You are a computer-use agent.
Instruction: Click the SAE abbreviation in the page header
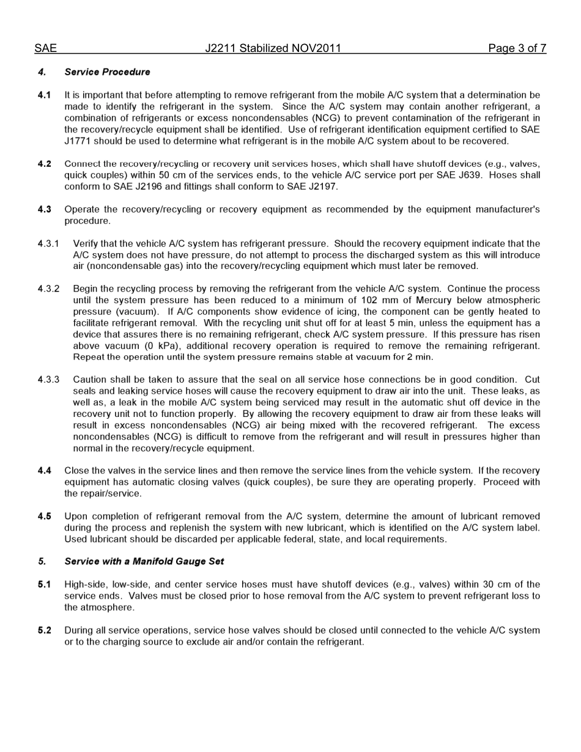click(x=45, y=48)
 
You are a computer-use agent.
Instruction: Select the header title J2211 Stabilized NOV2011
click(x=273, y=48)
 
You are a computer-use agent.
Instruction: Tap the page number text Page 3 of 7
click(x=517, y=48)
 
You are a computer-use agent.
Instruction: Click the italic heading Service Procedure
click(x=107, y=72)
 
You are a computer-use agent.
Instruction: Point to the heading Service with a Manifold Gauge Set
click(x=144, y=561)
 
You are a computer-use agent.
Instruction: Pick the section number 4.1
click(x=44, y=95)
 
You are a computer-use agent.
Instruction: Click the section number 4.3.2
click(x=48, y=289)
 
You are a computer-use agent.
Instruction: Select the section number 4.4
click(x=44, y=471)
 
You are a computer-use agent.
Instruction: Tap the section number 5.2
click(x=44, y=630)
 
